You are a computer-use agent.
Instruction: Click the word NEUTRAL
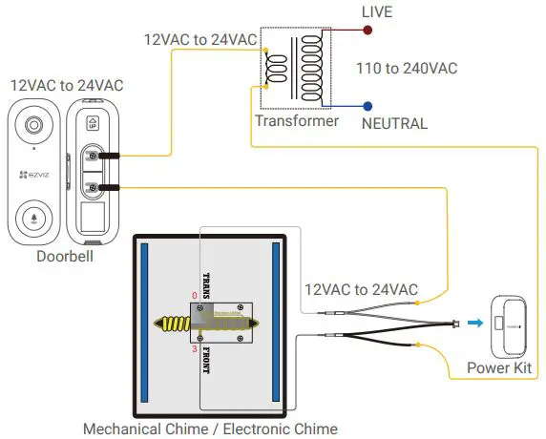coord(394,123)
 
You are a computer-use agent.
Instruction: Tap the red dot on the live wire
coord(367,31)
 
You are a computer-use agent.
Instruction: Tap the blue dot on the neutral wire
coord(367,106)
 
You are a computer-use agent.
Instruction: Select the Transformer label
coord(296,121)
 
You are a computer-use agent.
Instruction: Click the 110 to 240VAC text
coord(407,68)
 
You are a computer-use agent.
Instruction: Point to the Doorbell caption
coord(65,256)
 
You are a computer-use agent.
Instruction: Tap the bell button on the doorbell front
coord(34,218)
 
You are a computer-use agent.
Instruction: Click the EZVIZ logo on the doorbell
coord(34,176)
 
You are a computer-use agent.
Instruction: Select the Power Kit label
coord(503,368)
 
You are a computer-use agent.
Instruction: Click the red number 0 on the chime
coord(195,297)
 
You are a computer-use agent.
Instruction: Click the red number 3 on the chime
coord(195,350)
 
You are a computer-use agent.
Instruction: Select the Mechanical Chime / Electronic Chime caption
coord(210,429)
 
